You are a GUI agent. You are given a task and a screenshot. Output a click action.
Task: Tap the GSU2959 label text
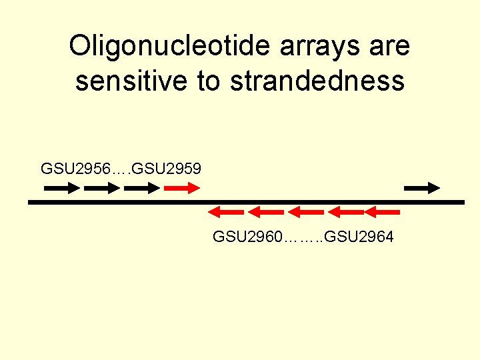[167, 167]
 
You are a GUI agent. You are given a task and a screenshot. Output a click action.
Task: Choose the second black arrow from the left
[102, 188]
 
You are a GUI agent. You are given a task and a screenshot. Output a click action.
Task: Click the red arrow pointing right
[182, 188]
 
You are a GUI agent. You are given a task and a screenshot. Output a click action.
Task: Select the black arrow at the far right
[422, 188]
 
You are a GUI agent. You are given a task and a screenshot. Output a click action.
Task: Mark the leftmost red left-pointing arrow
[225, 212]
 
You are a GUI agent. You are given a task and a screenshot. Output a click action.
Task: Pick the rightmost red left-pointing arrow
[382, 212]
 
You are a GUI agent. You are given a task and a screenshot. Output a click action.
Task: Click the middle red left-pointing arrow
[305, 212]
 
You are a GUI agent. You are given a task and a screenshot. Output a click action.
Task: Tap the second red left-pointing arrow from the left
[265, 212]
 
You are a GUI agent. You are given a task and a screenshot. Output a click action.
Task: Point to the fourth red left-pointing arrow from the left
[344, 212]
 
